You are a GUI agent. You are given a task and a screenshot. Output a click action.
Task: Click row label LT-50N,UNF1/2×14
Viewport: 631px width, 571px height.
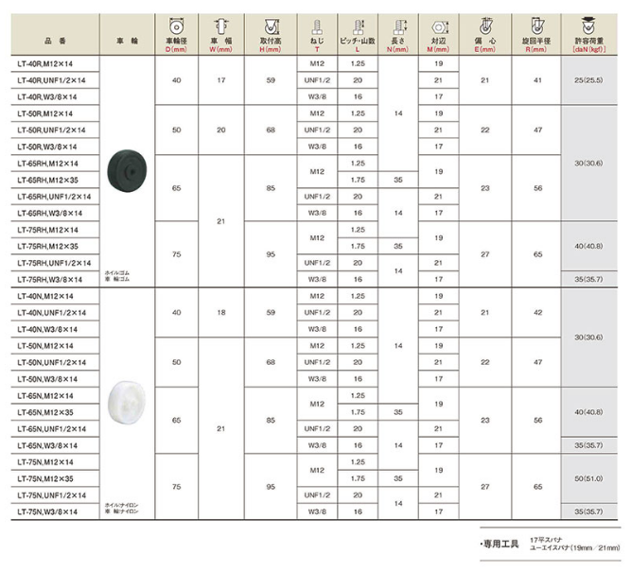point(54,363)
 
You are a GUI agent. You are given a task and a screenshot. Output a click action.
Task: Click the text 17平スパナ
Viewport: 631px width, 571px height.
point(547,538)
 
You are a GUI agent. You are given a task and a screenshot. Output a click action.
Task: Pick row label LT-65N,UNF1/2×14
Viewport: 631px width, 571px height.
point(54,428)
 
